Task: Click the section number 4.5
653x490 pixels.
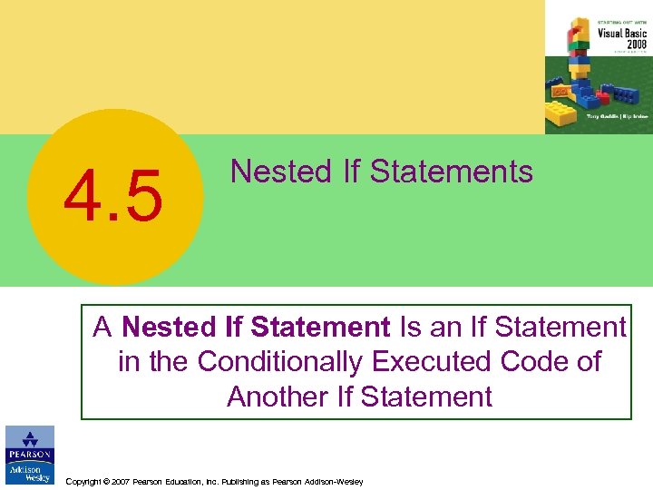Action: tap(113, 197)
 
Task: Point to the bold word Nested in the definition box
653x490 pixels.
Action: tap(168, 326)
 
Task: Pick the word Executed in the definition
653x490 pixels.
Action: tap(429, 361)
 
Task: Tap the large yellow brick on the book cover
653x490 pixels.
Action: tap(560, 115)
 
